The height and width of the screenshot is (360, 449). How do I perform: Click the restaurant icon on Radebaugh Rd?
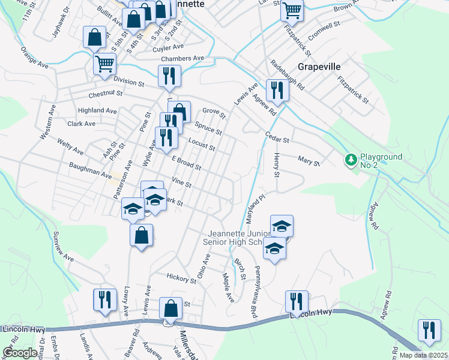coord(277,90)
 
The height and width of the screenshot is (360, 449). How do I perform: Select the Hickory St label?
coord(181,279)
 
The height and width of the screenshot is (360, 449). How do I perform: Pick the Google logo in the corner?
coord(19,352)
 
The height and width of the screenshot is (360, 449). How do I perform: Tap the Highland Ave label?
coord(97,111)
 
